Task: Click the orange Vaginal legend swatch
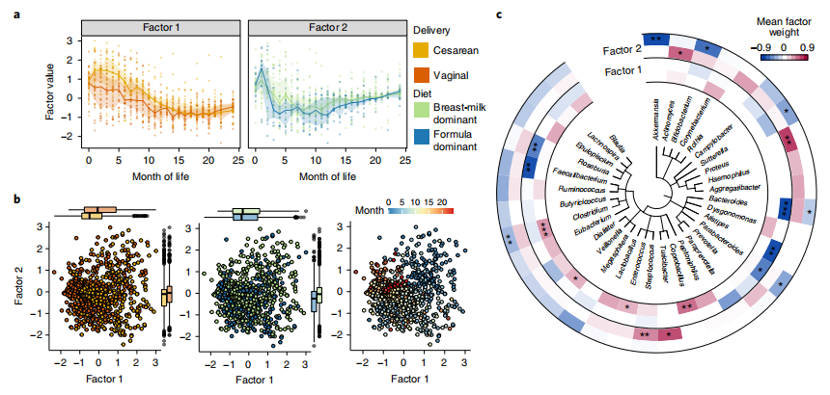(x=420, y=76)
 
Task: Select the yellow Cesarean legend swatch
(x=420, y=48)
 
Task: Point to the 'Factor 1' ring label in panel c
(x=628, y=69)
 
